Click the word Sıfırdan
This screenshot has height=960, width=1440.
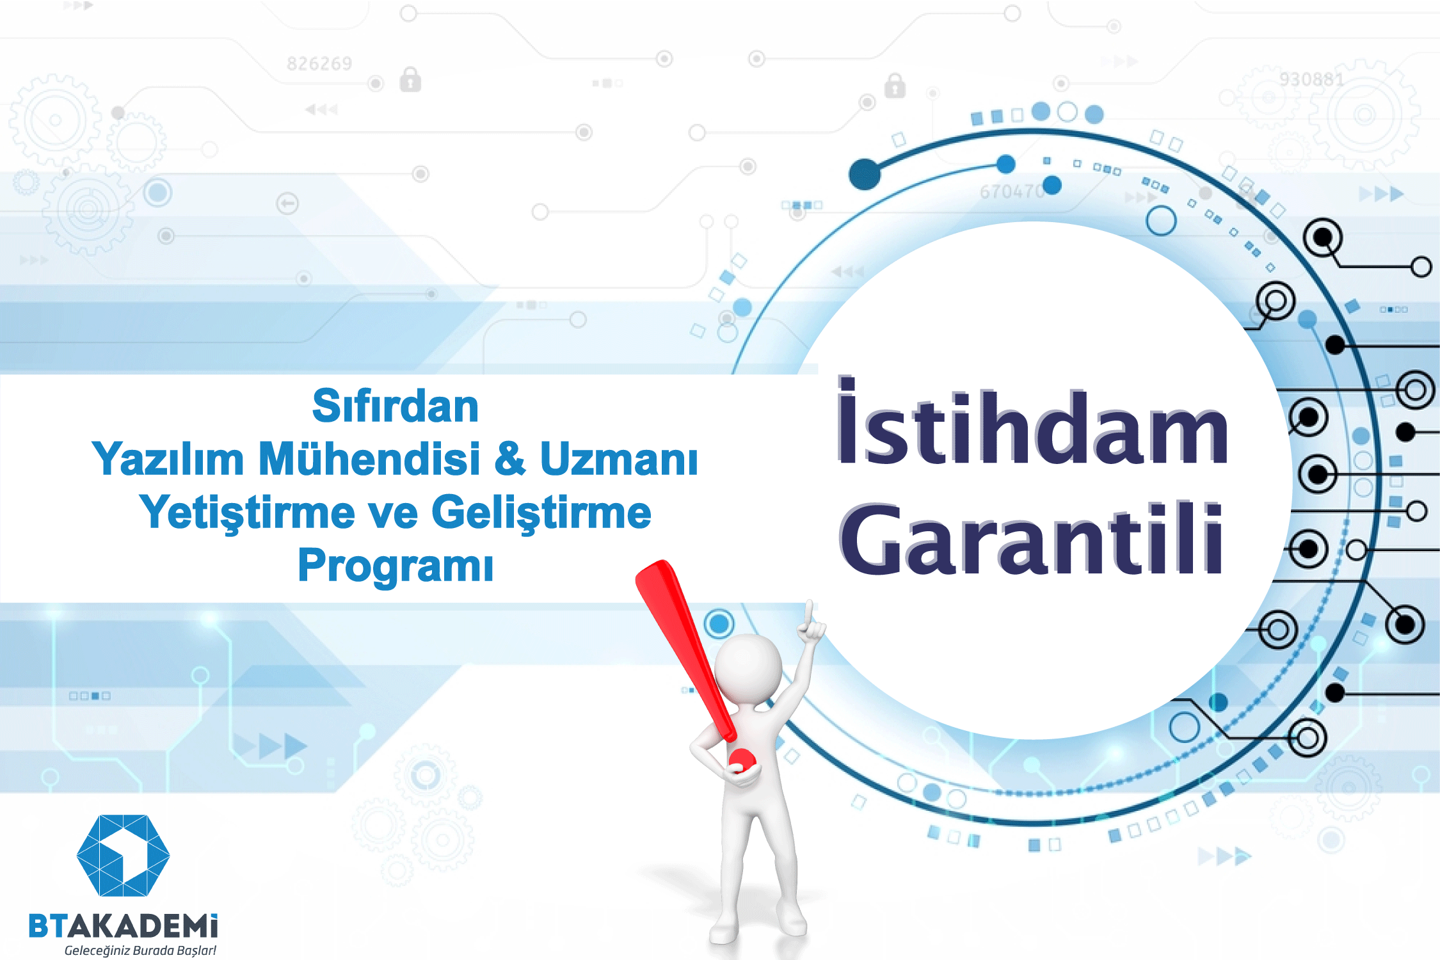(x=395, y=406)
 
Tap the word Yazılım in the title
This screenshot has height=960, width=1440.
(x=168, y=459)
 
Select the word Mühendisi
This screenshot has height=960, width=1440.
(x=369, y=459)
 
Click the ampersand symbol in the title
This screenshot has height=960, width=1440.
(x=510, y=459)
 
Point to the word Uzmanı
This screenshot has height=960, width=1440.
(x=619, y=459)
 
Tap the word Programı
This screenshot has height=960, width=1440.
(x=396, y=567)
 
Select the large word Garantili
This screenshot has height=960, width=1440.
(x=1031, y=538)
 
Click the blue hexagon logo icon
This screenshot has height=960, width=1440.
(x=123, y=855)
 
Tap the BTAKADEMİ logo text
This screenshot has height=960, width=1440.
(x=124, y=926)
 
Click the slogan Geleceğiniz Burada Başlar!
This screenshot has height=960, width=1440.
(x=140, y=950)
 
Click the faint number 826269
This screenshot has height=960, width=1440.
(x=319, y=63)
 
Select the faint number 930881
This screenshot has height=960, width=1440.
(x=1311, y=79)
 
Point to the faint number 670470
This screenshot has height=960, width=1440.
(x=1011, y=191)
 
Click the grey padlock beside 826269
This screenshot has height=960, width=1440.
(x=410, y=80)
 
